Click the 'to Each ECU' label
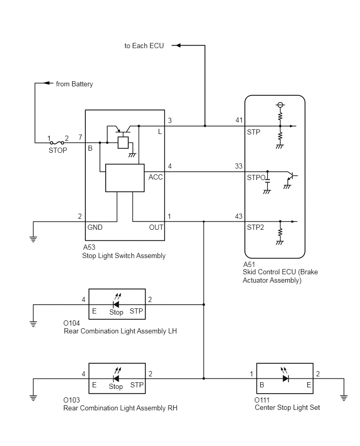[144, 46]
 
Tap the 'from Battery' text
[74, 84]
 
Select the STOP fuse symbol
[57, 143]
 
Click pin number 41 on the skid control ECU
[239, 120]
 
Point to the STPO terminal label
[256, 177]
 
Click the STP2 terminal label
[255, 227]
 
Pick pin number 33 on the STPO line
[239, 166]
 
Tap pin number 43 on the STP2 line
[239, 217]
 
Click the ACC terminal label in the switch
[155, 177]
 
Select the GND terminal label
[95, 227]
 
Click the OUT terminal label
[156, 227]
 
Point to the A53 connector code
[89, 247]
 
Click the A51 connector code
[250, 264]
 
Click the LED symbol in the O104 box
[117, 302]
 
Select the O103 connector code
[72, 400]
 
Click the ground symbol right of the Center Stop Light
[344, 398]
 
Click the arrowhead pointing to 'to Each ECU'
[176, 45]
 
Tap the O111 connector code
[262, 400]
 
